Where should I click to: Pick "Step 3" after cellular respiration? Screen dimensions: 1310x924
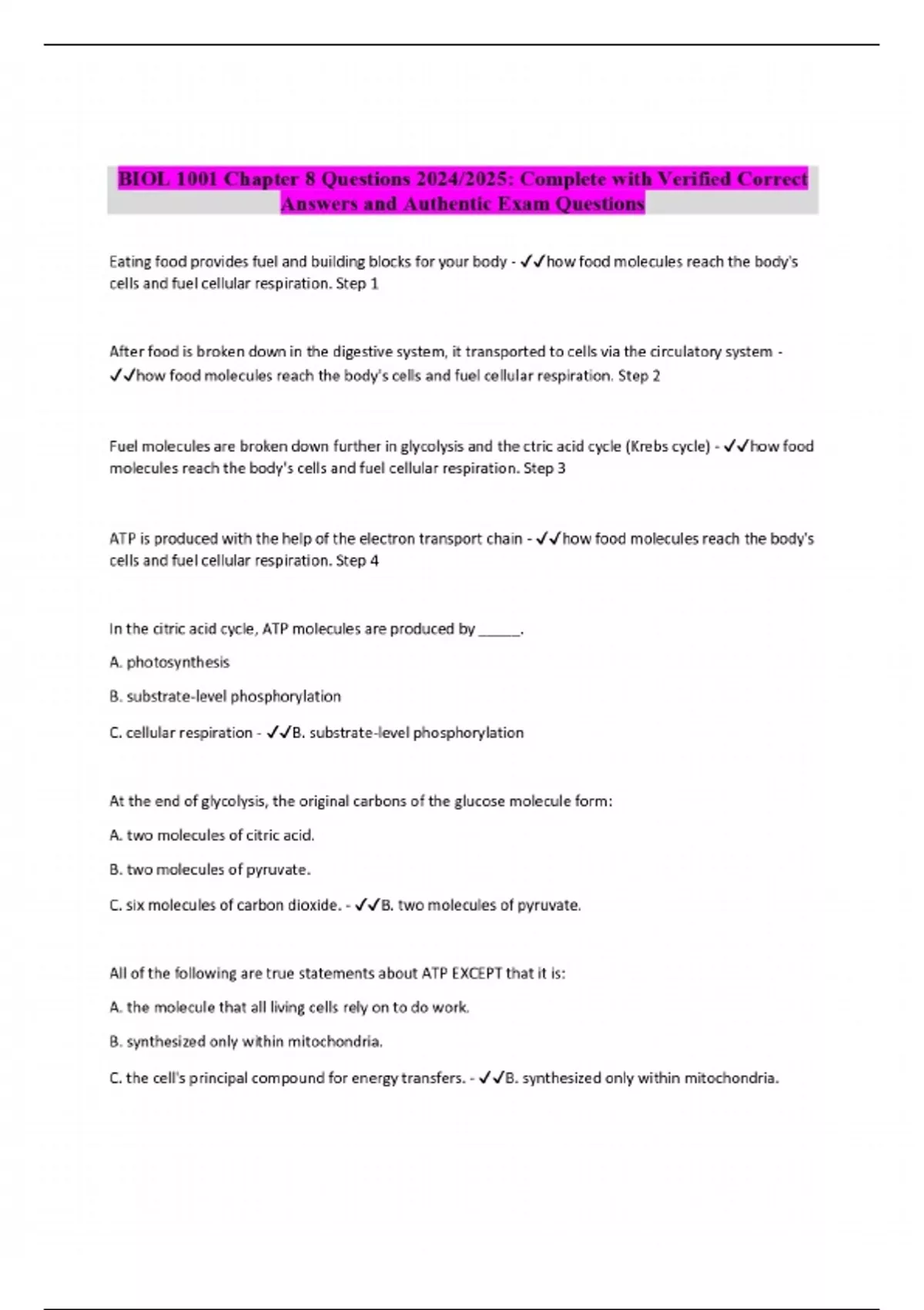(x=544, y=469)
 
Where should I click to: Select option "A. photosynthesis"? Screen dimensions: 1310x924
(x=169, y=662)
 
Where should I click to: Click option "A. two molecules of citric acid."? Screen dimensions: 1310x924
(x=212, y=835)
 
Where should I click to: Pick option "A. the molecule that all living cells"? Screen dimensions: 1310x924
(x=290, y=1007)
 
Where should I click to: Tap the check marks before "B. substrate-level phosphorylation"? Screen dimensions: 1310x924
(x=277, y=733)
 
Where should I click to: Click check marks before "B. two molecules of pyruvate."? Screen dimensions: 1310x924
(x=367, y=905)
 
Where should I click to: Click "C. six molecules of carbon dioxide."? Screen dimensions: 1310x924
(x=225, y=905)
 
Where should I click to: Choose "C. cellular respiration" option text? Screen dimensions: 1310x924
(x=181, y=733)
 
